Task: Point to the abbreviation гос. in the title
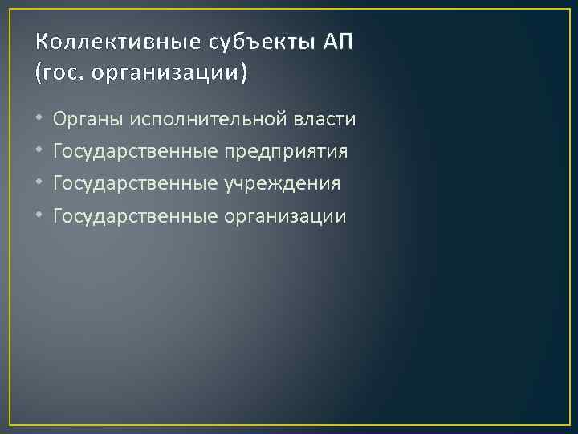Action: [x=65, y=73]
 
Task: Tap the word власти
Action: [x=324, y=120]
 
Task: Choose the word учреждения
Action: [x=283, y=184]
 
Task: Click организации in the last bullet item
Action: [x=286, y=216]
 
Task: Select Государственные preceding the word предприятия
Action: [x=136, y=152]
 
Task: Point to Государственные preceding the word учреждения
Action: [x=136, y=184]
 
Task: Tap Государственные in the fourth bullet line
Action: [x=136, y=216]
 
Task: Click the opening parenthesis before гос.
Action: [x=39, y=73]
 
